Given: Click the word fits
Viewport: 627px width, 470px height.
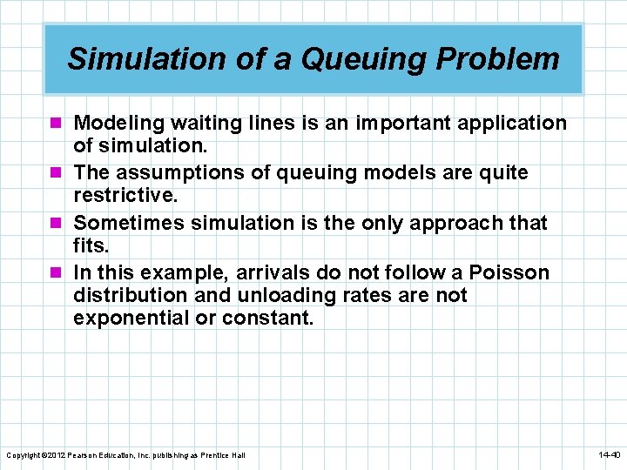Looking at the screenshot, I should tap(91, 246).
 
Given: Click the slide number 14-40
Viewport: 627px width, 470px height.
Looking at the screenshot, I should tap(608, 455).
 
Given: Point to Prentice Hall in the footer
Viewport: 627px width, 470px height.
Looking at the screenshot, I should tap(226, 455).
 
